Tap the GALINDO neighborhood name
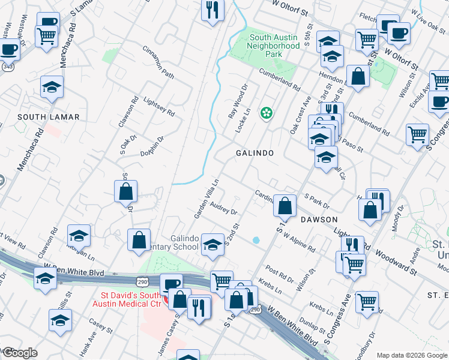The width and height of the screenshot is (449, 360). tap(255, 153)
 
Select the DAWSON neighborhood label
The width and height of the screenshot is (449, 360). tap(319, 220)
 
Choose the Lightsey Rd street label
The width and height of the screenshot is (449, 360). tap(158, 106)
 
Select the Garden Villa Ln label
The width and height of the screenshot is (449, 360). tap(204, 198)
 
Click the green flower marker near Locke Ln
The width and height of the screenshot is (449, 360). tap(265, 112)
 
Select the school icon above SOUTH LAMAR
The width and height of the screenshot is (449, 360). tap(52, 88)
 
